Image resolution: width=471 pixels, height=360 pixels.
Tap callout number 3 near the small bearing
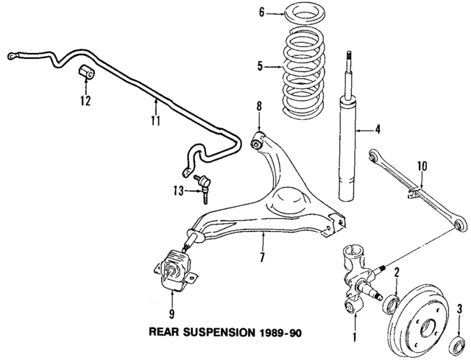pos(459,308)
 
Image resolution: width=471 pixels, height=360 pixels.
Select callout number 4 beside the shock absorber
pos(378,131)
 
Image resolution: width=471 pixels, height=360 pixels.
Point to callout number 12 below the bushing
pos(85,100)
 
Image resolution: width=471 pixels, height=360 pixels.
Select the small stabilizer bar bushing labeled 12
pos(85,73)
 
